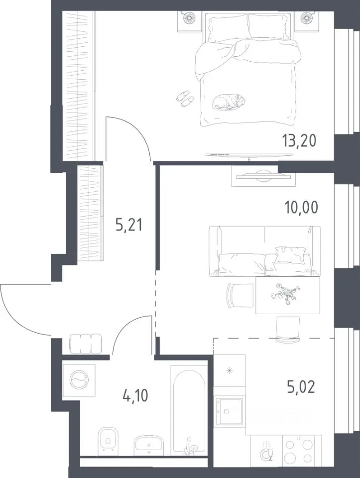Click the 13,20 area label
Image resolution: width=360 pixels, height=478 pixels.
[299, 141]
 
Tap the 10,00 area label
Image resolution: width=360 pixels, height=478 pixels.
[301, 208]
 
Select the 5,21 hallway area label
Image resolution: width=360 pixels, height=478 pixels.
[129, 226]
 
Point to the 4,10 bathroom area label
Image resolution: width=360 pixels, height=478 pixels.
[135, 396]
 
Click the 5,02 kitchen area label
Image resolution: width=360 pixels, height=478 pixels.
[301, 387]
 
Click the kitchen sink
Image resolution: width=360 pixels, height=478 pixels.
[229, 411]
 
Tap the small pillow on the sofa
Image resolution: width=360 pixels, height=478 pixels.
[290, 254]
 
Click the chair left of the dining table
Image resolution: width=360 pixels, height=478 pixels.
[240, 295]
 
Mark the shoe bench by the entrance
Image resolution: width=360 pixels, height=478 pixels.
[86, 344]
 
